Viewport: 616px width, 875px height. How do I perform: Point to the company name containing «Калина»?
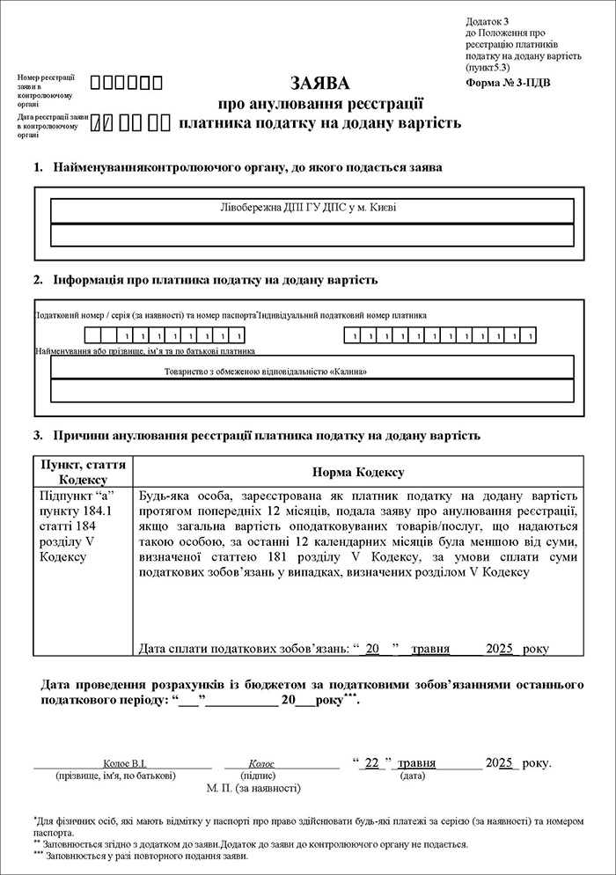click(x=266, y=371)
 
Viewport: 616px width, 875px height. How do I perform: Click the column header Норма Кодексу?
click(x=357, y=472)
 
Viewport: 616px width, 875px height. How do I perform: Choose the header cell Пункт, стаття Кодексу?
click(x=82, y=472)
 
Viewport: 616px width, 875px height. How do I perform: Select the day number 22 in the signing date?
click(x=371, y=763)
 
